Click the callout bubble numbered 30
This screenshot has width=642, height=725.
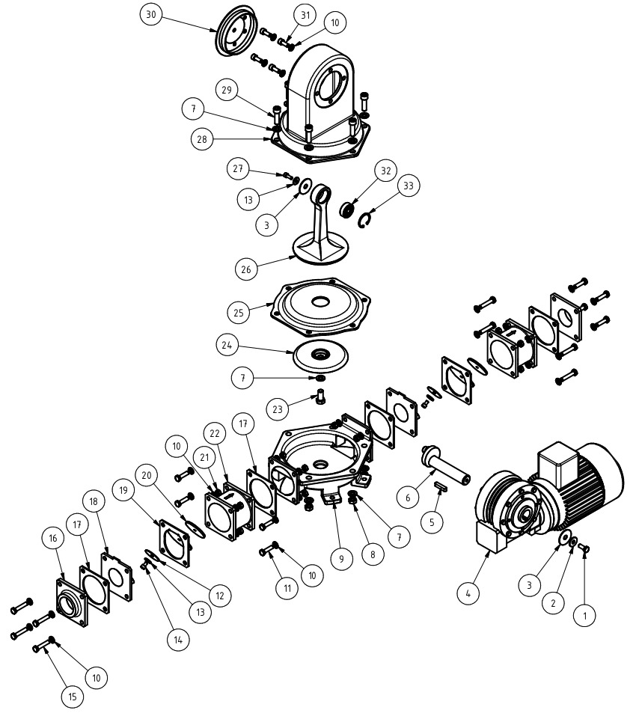pos(151,14)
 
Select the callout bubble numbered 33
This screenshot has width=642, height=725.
pos(409,186)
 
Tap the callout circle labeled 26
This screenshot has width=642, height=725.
pos(246,269)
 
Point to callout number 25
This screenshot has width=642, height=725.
pos(239,313)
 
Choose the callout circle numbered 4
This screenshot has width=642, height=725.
pos(468,593)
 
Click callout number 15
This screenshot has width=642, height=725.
pos(73,697)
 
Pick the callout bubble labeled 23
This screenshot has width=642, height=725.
pos(278,409)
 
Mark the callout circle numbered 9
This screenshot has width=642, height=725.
pos(342,559)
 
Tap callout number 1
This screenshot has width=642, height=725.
pos(584,616)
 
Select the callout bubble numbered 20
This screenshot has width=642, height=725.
pos(147,475)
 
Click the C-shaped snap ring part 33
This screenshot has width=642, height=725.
pos(365,219)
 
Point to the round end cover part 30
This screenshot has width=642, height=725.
pos(236,31)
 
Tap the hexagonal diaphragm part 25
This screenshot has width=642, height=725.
pos(320,307)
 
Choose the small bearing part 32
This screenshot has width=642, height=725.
pos(347,209)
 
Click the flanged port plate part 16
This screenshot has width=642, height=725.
pos(72,602)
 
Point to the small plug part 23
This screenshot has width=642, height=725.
pos(320,396)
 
